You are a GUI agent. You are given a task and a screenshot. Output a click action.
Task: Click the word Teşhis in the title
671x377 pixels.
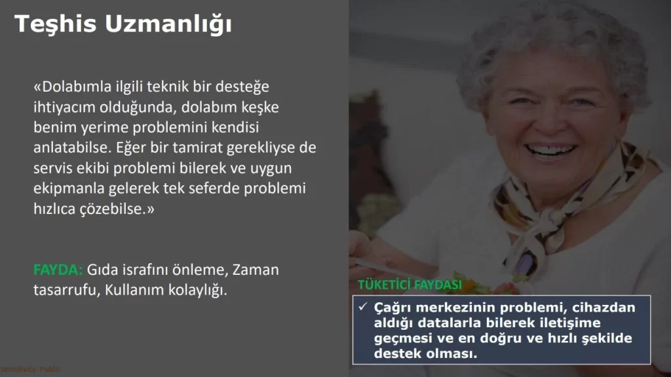pos(55,24)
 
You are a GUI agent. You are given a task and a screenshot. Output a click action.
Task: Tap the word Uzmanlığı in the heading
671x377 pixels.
pos(168,25)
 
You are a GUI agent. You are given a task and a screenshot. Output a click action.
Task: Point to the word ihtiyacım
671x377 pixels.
pos(65,108)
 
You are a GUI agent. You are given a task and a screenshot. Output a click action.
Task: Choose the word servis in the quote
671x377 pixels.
pos(53,168)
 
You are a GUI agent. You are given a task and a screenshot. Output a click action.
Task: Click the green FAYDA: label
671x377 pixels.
pos(58,270)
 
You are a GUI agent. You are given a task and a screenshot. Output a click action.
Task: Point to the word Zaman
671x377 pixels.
pos(256,270)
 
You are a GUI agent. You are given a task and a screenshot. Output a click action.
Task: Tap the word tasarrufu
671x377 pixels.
pos(67,290)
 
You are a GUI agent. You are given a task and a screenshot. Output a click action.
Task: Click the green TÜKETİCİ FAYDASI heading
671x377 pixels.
pos(410,285)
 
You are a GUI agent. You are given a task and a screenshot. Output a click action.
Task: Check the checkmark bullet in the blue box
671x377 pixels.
pos(363,306)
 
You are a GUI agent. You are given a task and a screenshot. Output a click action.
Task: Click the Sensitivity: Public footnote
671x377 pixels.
pos(30,369)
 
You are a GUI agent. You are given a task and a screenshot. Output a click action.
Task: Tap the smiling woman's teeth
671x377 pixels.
pos(550,151)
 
